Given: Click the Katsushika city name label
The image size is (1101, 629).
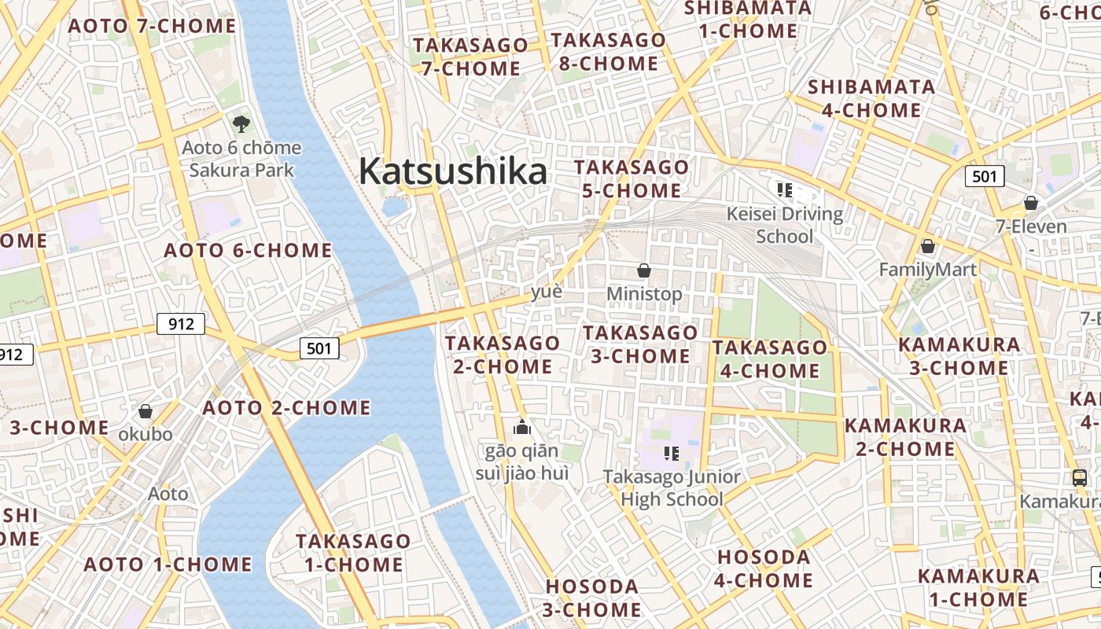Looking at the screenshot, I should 452,171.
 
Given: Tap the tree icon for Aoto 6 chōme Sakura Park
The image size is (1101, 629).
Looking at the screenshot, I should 241,123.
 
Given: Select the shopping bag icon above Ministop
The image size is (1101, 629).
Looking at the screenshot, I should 644,271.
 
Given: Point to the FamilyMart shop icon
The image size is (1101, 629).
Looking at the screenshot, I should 928,247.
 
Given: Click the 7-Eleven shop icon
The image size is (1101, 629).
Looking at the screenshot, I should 1031,204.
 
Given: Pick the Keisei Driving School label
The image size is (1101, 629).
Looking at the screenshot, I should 784,225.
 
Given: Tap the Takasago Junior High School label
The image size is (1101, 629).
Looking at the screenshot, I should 672,487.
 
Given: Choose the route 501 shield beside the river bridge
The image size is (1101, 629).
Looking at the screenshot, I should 319,348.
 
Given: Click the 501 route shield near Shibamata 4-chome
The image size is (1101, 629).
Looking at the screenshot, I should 985,176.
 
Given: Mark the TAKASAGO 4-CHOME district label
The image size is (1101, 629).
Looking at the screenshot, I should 770,359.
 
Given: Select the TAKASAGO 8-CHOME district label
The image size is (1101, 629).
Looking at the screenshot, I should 608,52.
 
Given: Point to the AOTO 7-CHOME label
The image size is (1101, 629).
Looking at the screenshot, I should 152,26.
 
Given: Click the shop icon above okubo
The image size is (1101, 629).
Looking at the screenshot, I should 145,411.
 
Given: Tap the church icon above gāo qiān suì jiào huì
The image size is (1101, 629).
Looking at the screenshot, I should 522,428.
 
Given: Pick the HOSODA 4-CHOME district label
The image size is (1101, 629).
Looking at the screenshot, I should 764,568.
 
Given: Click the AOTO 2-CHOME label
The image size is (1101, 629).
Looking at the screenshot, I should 286,408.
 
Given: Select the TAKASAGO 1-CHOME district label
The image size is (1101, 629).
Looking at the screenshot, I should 353,553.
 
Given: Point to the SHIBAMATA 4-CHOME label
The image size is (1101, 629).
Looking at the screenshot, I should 871,98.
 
